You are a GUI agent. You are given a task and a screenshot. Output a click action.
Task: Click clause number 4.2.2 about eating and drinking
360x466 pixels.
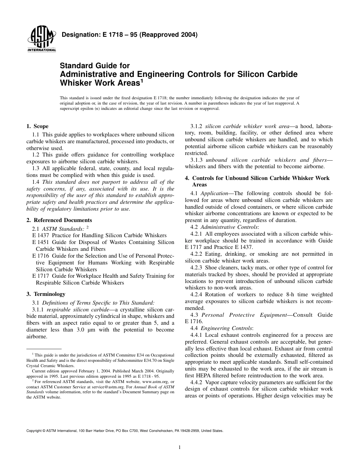click(197, 254)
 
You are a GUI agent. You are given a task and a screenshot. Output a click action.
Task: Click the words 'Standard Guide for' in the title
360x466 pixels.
click(95, 66)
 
